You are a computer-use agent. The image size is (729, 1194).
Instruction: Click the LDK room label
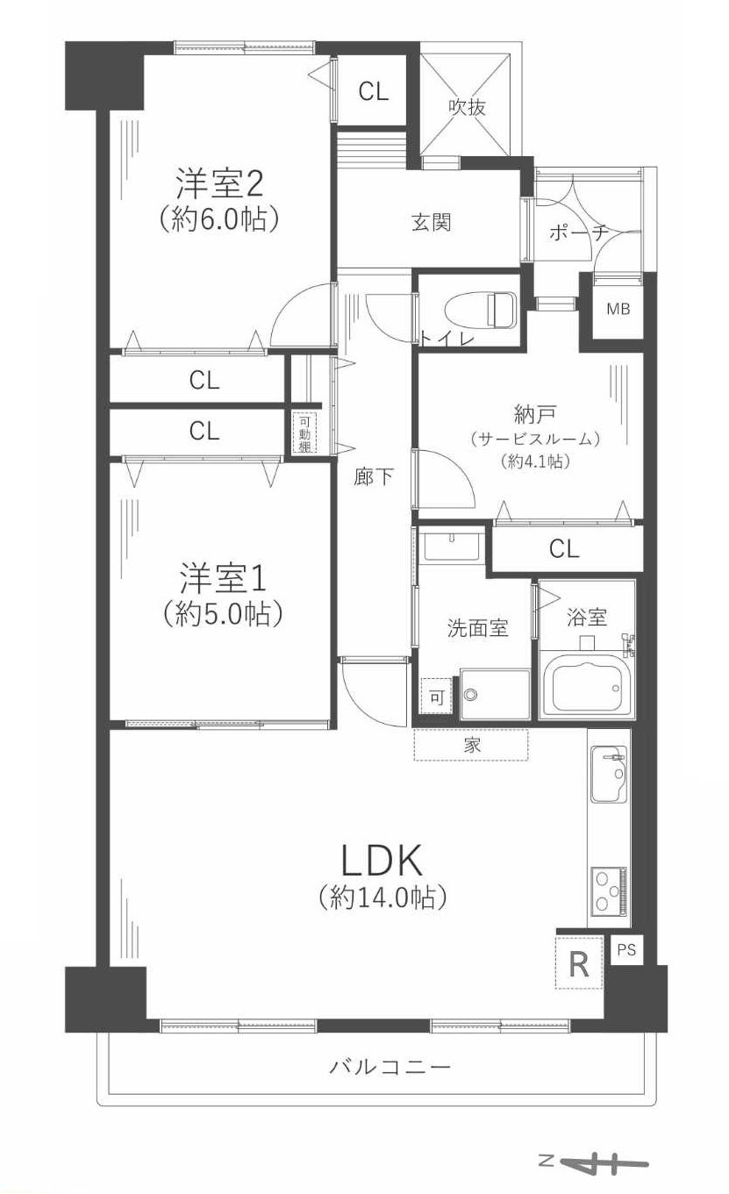382,861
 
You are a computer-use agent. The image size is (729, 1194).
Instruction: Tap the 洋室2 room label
220,183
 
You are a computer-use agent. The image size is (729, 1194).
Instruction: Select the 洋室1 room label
223,579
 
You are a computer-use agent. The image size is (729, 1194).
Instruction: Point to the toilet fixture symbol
481,309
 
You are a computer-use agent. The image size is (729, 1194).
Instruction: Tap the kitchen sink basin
610,774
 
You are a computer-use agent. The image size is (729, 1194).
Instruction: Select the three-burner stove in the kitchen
610,890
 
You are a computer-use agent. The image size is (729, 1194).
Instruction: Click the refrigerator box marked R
579,963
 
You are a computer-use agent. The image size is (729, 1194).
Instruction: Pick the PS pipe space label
626,949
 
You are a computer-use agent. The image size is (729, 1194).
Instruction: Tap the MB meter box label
618,309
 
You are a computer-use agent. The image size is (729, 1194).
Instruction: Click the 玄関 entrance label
432,223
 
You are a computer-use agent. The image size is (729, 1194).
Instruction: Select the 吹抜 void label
468,107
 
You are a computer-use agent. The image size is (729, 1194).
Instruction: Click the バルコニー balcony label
390,1067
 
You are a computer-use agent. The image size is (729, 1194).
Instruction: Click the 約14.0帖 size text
383,897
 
